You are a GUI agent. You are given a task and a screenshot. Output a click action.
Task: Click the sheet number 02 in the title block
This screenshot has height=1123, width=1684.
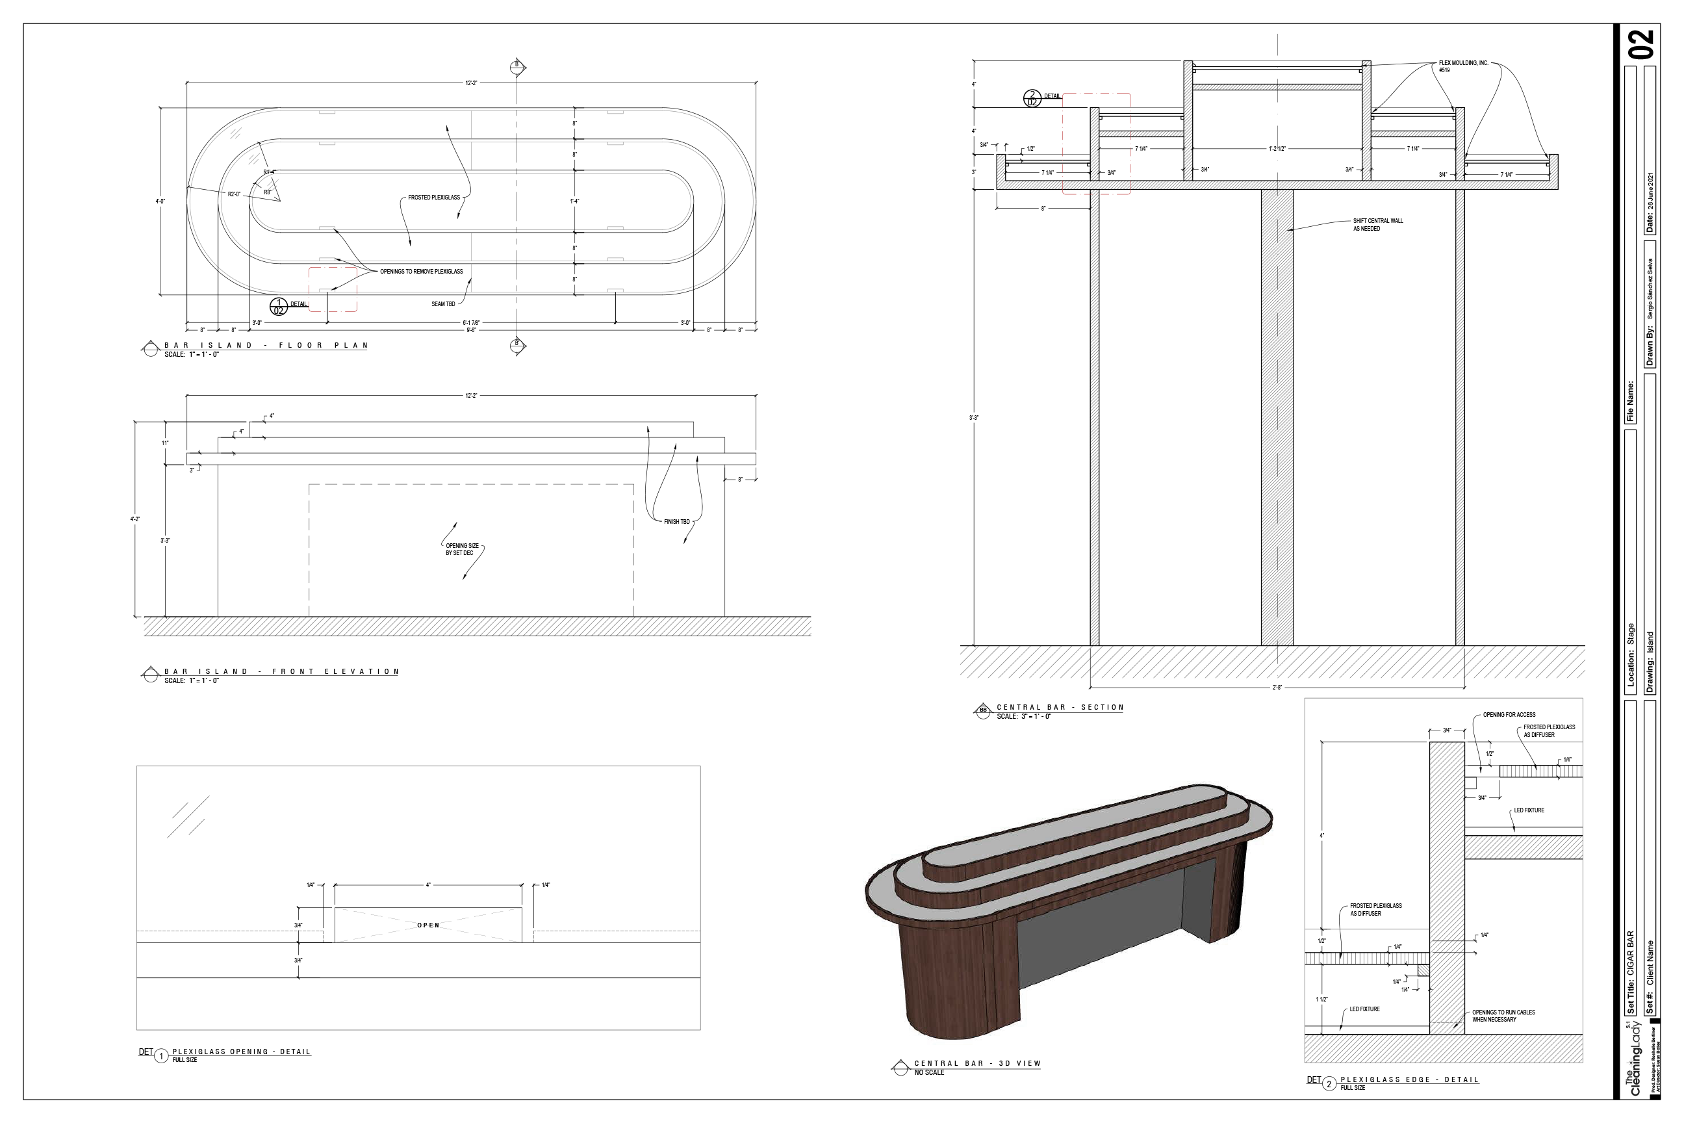(x=1642, y=45)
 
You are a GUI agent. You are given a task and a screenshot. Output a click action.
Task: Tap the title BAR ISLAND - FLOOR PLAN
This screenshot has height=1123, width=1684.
(x=266, y=345)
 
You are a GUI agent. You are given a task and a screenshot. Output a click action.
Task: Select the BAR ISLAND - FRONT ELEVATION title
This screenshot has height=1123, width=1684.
(x=281, y=672)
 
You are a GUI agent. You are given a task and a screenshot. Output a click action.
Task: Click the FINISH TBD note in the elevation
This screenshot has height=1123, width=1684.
(x=676, y=521)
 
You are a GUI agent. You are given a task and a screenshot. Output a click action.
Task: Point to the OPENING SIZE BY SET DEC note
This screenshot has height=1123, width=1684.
(x=462, y=549)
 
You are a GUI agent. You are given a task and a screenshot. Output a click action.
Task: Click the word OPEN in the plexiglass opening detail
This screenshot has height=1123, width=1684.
(x=428, y=925)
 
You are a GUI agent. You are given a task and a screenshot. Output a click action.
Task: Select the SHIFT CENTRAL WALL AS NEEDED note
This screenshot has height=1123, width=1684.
(x=1377, y=225)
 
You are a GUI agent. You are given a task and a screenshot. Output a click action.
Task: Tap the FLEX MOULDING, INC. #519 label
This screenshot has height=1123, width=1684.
(x=1462, y=66)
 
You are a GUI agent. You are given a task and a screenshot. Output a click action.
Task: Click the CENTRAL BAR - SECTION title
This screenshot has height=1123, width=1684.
(x=1060, y=708)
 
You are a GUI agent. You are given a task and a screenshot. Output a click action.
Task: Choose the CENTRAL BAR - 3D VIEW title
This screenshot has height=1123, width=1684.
(x=977, y=1064)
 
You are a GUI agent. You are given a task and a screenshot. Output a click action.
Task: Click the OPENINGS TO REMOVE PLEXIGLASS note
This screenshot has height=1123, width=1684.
(x=421, y=272)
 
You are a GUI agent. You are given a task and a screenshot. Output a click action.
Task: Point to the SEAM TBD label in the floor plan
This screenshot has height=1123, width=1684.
(x=443, y=303)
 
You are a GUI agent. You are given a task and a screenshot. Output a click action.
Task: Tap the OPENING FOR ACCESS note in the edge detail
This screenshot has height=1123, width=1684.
(x=1509, y=715)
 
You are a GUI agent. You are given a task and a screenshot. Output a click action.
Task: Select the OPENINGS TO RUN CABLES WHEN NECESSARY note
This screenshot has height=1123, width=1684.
(x=1503, y=1016)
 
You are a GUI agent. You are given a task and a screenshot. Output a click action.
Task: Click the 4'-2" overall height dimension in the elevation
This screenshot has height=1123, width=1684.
(x=135, y=519)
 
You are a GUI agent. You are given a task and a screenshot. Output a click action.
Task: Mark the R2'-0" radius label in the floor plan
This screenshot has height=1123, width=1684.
(x=234, y=194)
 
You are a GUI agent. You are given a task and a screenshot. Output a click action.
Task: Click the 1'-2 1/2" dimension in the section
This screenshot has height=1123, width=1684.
(x=1277, y=149)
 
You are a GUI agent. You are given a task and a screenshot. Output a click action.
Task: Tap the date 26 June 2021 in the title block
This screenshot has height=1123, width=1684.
(x=1650, y=194)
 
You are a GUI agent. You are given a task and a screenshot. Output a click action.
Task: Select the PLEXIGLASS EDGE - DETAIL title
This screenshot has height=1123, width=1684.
(x=1409, y=1079)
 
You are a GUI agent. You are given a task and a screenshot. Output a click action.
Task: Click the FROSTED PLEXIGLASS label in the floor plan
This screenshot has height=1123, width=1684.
(x=434, y=197)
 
